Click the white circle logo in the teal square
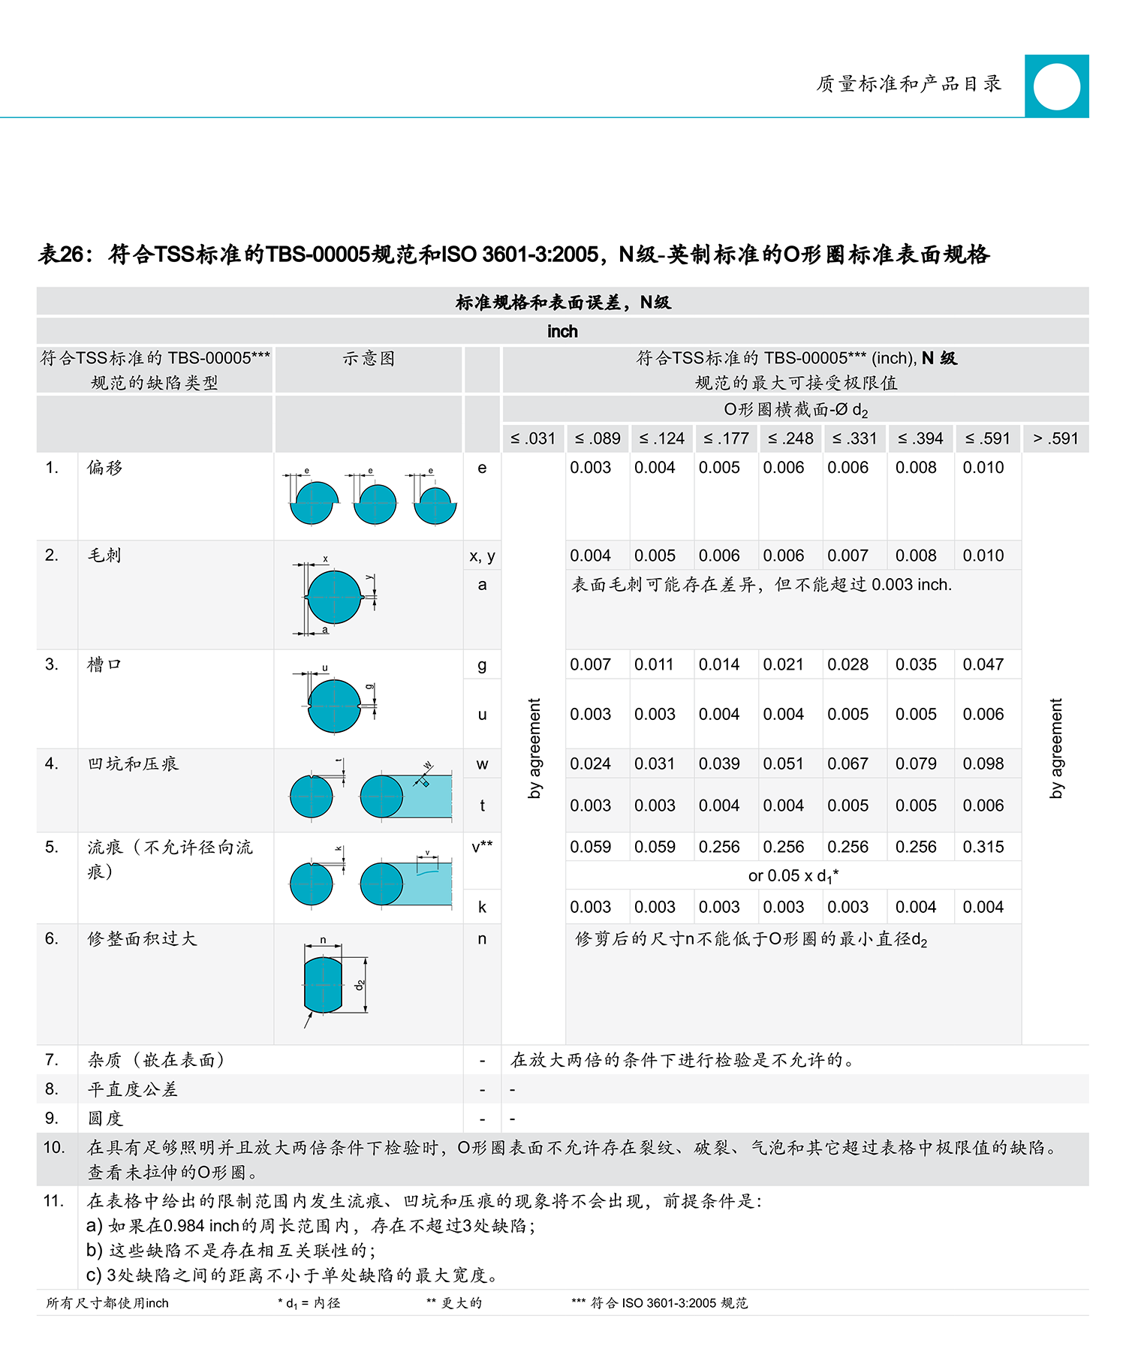(x=1056, y=86)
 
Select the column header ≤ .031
(x=533, y=438)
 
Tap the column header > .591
(x=1055, y=438)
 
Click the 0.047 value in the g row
(x=983, y=664)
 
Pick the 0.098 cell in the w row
(x=983, y=763)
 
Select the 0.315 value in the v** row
(x=983, y=847)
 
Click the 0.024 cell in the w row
(x=590, y=763)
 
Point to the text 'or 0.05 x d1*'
(x=793, y=876)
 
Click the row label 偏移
(x=104, y=468)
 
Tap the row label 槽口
(x=104, y=664)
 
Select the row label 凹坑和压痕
(x=133, y=763)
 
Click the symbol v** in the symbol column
(x=482, y=847)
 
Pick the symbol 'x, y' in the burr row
(x=482, y=556)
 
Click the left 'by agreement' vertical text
(x=534, y=748)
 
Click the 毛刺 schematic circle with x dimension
(x=334, y=597)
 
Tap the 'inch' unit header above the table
(x=562, y=331)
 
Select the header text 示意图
(x=369, y=359)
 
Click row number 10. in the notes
(x=54, y=1147)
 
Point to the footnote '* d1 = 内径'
(x=309, y=1303)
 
